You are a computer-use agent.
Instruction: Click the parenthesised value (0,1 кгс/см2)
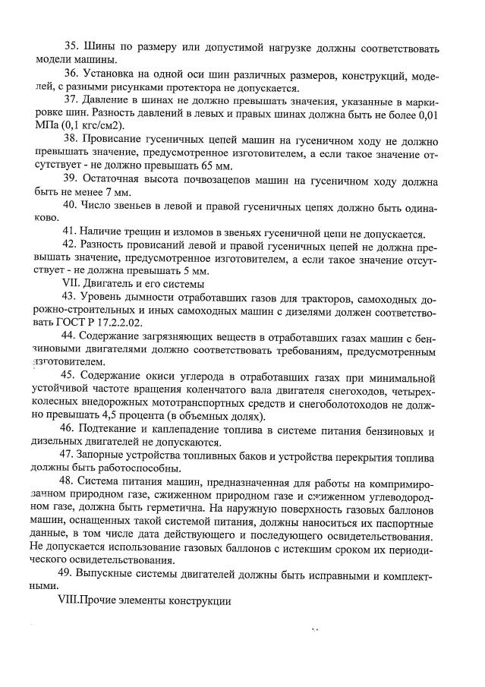(91, 126)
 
